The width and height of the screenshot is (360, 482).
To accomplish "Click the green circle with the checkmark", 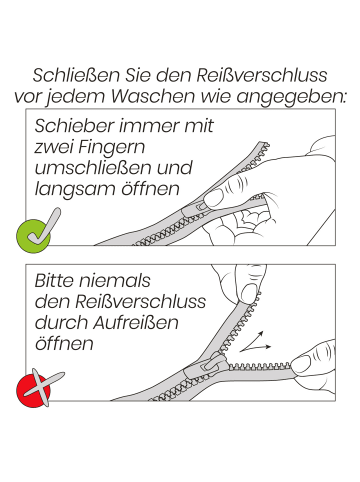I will pos(33,233).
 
